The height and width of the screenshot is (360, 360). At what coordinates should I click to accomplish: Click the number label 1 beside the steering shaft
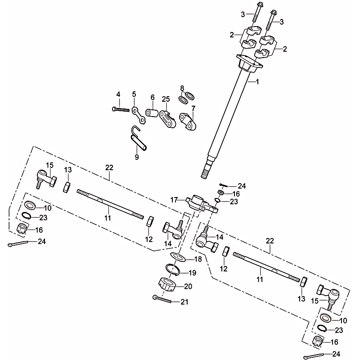pyautogui.click(x=257, y=82)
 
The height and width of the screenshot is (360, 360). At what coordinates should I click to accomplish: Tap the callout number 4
pyautogui.click(x=118, y=94)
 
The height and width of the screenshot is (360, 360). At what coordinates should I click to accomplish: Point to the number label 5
pyautogui.click(x=134, y=94)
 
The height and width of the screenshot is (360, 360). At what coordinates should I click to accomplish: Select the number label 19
pyautogui.click(x=191, y=273)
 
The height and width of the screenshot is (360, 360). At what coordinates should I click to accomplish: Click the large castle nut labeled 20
pyautogui.click(x=169, y=284)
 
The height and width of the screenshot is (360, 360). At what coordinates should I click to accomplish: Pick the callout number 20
pyautogui.click(x=188, y=286)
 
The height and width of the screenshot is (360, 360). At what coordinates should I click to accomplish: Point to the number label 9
pyautogui.click(x=137, y=157)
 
